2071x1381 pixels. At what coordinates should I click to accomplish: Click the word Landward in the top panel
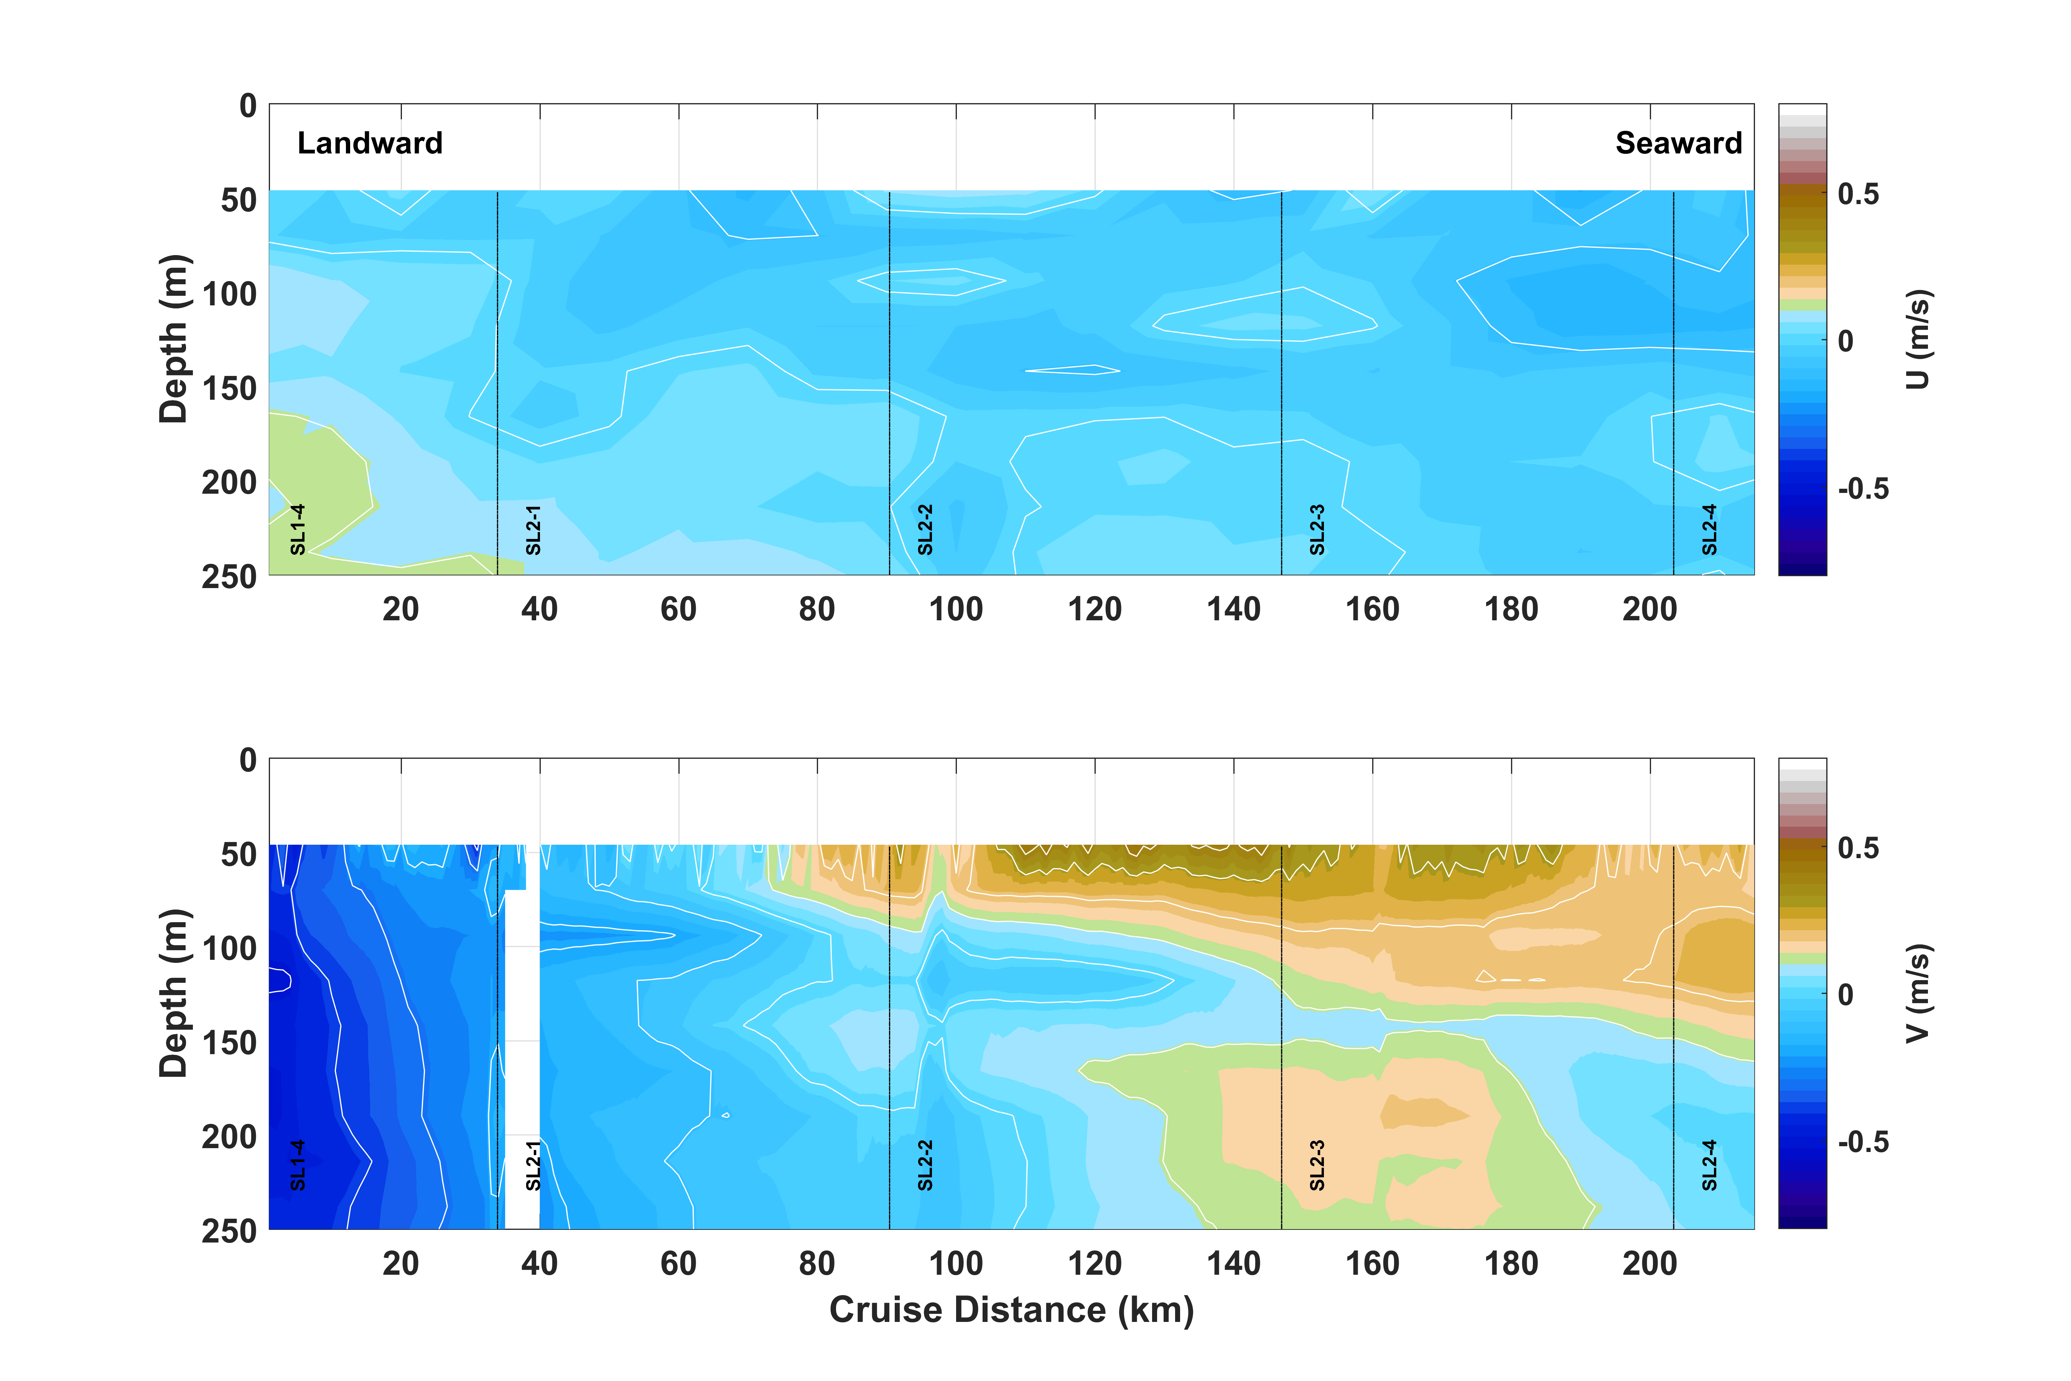click(x=370, y=143)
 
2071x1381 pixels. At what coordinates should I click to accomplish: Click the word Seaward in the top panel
click(x=1678, y=143)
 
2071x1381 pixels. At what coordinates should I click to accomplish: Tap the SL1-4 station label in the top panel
click(x=298, y=529)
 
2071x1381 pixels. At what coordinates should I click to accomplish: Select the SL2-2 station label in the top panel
click(x=925, y=529)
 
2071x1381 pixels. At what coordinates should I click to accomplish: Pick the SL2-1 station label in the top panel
click(x=533, y=529)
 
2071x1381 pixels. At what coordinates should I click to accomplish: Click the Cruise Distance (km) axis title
click(x=1011, y=1310)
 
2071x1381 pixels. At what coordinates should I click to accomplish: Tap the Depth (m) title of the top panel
click(x=173, y=339)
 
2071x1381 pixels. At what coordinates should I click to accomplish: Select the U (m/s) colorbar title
click(x=1918, y=339)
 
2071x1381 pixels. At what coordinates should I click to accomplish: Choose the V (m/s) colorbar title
click(x=1918, y=994)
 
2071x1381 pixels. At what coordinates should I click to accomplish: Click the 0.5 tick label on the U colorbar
click(x=1858, y=194)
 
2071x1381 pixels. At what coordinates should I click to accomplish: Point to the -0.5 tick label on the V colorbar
click(x=1862, y=1142)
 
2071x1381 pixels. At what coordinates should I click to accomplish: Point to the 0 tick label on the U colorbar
click(x=1845, y=341)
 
